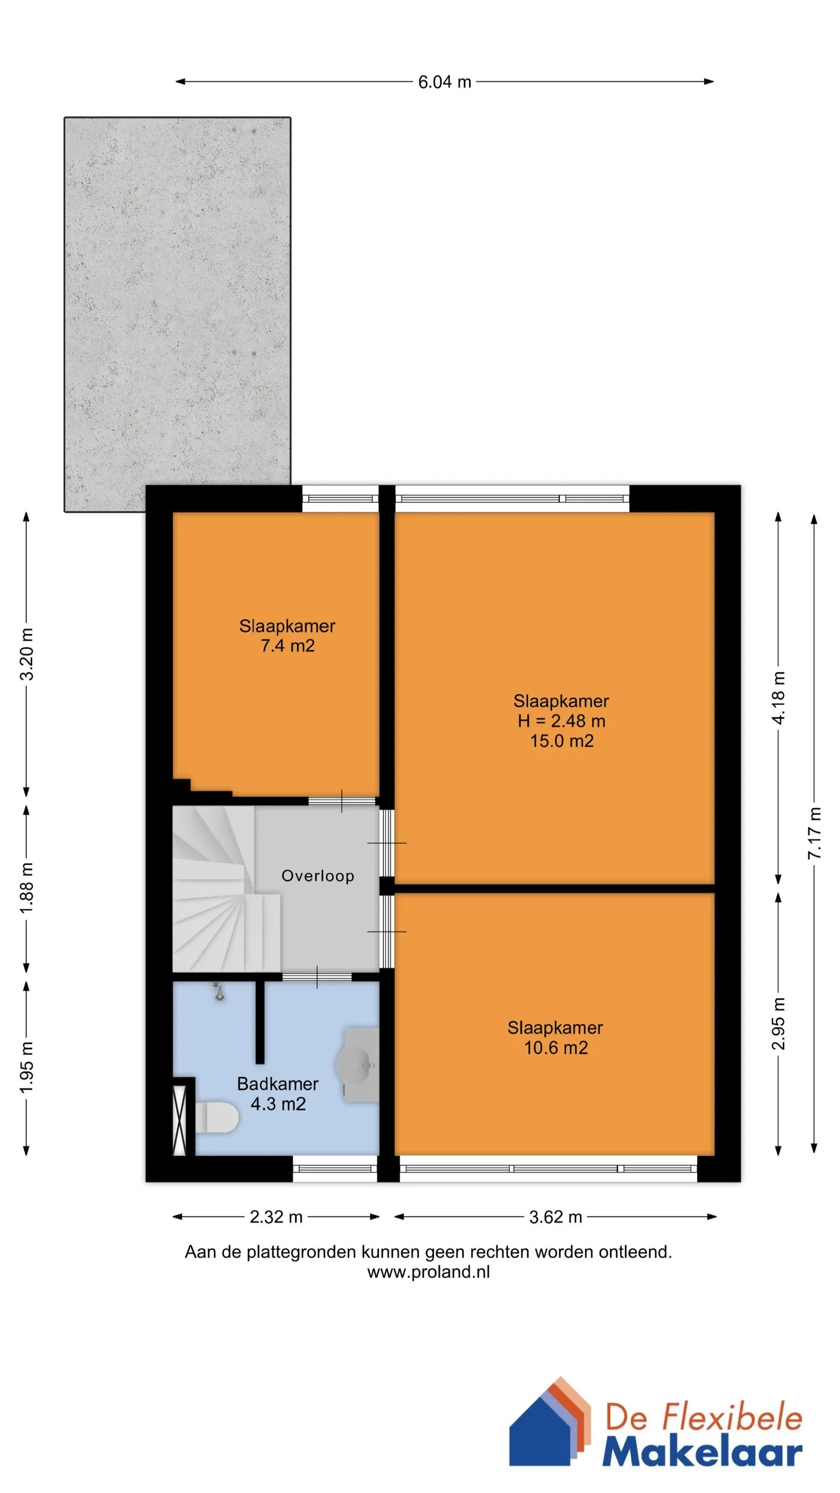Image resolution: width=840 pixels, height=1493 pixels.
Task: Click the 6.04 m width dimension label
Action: coord(444,82)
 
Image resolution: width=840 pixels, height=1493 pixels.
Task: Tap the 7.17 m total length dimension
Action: coord(815,833)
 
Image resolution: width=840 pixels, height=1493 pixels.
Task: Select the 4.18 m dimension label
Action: coord(779,698)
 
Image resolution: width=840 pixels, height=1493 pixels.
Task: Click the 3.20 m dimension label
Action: coord(27,654)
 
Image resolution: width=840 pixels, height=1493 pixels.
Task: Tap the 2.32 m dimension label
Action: coord(276,1217)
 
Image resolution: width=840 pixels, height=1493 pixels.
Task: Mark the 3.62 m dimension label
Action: coord(555,1217)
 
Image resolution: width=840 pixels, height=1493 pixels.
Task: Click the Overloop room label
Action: coord(318,875)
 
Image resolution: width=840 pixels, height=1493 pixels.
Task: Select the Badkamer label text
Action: coord(278,1084)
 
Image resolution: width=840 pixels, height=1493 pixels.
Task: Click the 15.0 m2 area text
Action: coord(562,741)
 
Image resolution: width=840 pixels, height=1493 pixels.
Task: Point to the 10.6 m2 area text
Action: coord(556,1047)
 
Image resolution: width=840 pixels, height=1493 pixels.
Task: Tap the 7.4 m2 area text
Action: coord(288,646)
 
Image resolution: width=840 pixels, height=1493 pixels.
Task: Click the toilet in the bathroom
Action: coord(216,1117)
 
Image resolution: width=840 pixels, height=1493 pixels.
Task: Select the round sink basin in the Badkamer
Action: coord(354,1064)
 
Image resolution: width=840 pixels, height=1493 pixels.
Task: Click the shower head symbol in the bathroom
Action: coord(219,991)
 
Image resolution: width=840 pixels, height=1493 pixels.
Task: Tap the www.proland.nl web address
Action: coord(428,1271)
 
